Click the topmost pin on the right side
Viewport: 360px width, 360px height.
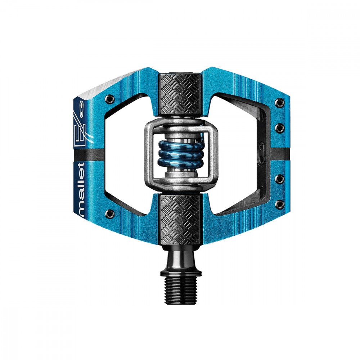click(x=280, y=102)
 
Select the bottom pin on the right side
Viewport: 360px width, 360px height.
click(x=280, y=203)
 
